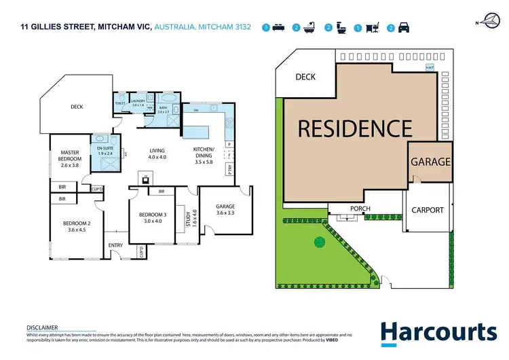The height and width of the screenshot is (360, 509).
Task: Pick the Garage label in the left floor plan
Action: (225, 206)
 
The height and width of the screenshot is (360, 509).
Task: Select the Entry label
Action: (114, 246)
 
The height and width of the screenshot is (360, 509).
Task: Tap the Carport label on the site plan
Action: (428, 210)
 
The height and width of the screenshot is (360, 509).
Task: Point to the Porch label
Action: (359, 208)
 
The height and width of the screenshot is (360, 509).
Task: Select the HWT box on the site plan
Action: (430, 67)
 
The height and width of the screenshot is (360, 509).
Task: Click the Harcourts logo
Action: (438, 332)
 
